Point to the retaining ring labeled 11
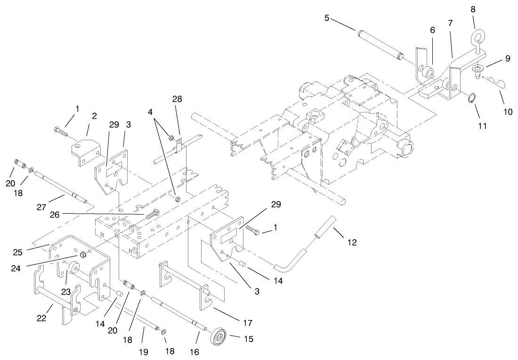471,99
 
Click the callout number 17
247,323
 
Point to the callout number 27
41,206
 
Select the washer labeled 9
478,70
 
